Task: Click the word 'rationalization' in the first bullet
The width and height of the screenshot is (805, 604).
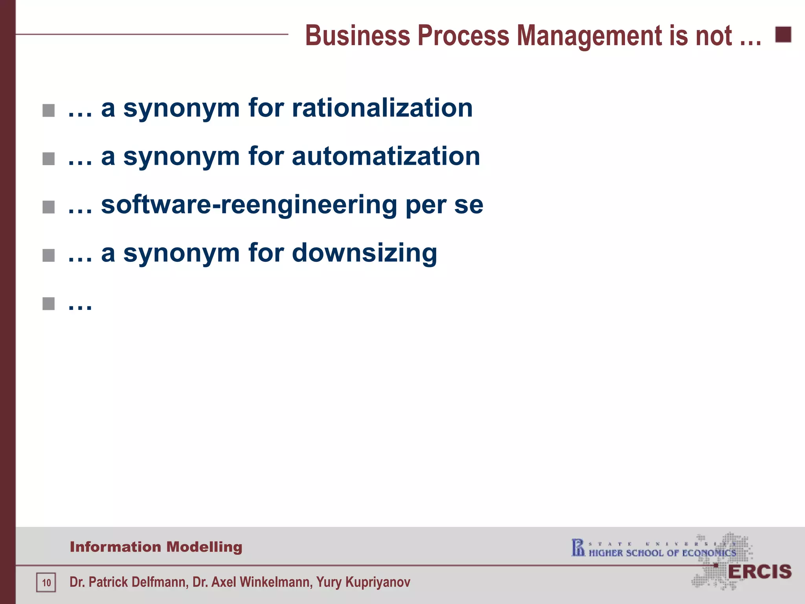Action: click(x=382, y=108)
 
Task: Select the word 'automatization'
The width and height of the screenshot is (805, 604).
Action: click(x=386, y=157)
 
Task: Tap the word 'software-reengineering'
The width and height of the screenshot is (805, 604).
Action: click(x=249, y=205)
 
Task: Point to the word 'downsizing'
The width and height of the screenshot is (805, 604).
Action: click(x=364, y=253)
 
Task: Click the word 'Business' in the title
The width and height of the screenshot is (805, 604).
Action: click(x=357, y=36)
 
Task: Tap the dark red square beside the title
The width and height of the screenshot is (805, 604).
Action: click(x=783, y=35)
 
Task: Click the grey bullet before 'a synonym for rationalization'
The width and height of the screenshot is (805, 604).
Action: click(x=48, y=110)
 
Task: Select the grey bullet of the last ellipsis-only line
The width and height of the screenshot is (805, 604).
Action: click(x=48, y=304)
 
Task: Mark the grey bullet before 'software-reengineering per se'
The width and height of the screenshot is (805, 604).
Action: click(x=48, y=207)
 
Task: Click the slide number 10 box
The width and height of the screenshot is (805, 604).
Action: click(x=46, y=582)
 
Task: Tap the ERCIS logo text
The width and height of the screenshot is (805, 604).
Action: click(x=759, y=572)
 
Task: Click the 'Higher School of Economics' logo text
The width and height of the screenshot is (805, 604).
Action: click(x=662, y=553)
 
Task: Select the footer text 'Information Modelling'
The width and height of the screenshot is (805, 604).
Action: click(x=156, y=547)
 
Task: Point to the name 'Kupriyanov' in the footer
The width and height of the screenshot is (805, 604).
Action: click(x=378, y=582)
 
